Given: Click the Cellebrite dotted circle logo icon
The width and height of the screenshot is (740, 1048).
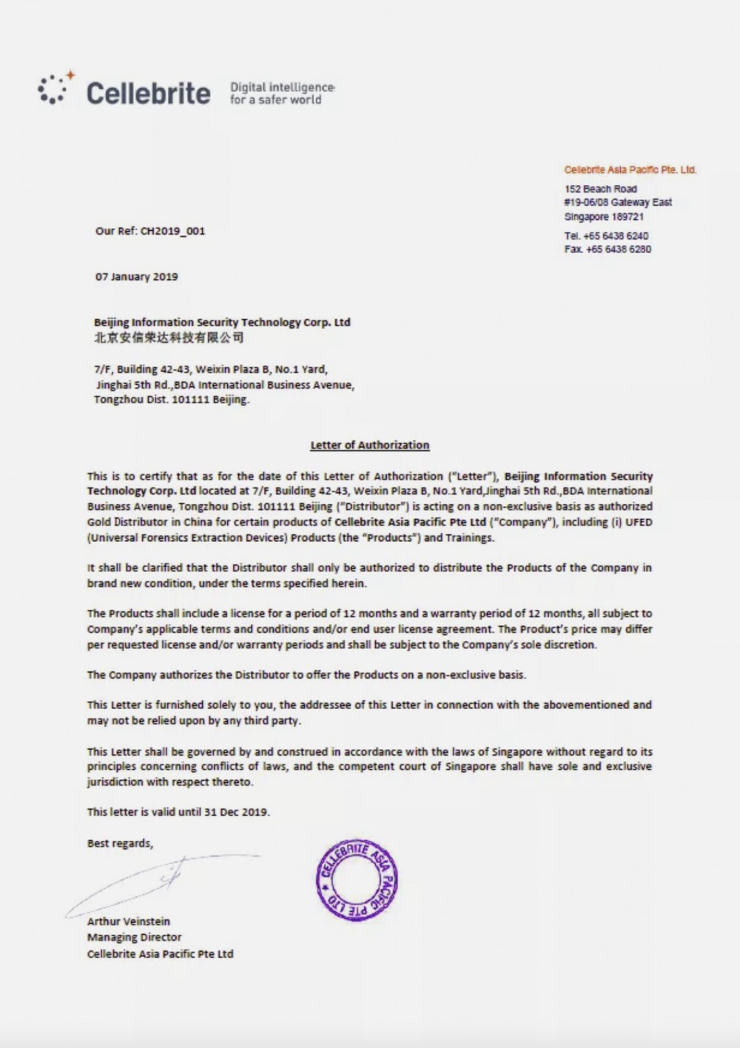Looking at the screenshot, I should (53, 89).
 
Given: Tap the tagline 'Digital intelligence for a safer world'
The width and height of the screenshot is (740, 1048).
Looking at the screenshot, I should (282, 93).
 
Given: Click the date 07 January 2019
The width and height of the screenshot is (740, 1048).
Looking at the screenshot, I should (137, 277).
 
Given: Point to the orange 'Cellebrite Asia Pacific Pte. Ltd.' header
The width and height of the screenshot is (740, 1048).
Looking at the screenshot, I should (630, 169).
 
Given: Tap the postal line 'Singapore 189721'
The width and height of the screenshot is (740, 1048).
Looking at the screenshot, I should (604, 217).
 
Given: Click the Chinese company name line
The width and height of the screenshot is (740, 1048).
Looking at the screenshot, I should (169, 337).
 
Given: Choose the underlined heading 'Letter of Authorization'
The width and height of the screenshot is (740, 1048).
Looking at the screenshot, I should (369, 445).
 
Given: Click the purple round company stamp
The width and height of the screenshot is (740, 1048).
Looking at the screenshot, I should (357, 880).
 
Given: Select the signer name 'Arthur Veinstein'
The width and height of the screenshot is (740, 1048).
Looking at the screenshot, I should (129, 921).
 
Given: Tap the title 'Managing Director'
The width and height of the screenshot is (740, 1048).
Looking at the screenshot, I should (134, 937).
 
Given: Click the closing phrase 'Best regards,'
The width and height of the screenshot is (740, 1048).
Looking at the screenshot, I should (120, 843).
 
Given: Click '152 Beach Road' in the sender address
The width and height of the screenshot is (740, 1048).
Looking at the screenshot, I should (600, 189).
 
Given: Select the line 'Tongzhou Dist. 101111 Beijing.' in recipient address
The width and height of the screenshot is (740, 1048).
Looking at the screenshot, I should (172, 400).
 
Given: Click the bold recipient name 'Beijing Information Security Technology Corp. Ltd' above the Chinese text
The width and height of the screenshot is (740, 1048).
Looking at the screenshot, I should (222, 322).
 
